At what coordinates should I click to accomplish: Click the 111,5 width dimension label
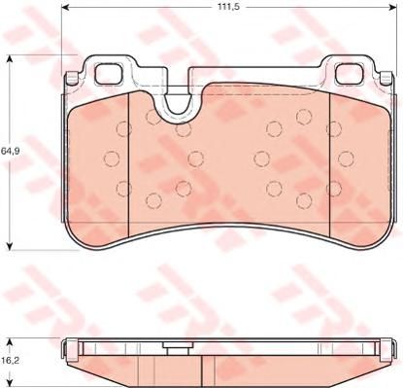pos(227,7)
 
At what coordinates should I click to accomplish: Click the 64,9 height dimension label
pos(9,151)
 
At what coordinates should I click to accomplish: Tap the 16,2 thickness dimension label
pos(9,360)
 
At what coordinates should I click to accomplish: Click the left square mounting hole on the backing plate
pos(109,74)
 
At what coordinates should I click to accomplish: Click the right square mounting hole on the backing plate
pos(350,73)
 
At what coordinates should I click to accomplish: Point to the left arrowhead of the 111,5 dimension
pos(65,7)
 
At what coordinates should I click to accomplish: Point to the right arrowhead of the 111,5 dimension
pos(392,7)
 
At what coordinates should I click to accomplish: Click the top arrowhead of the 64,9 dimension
pos(10,58)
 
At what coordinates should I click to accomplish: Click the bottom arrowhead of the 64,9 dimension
pos(10,246)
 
